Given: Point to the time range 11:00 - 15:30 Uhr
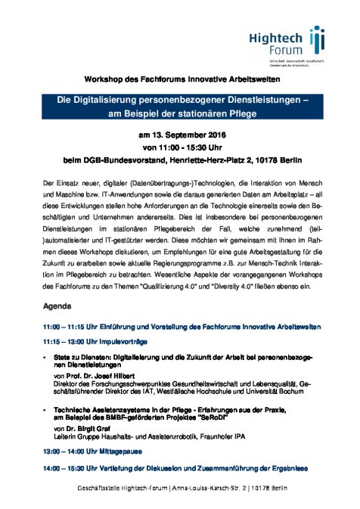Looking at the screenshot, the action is [180, 147].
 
